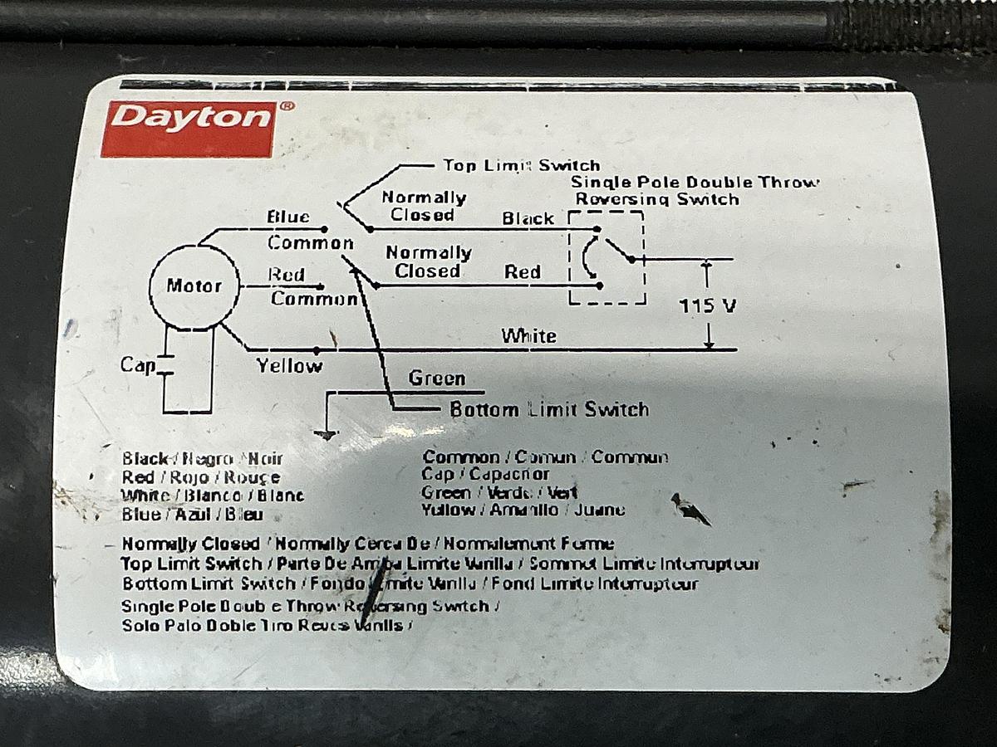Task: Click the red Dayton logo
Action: [188, 129]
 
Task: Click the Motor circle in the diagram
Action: [194, 286]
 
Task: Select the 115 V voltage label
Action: [707, 305]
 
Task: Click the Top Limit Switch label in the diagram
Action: [521, 165]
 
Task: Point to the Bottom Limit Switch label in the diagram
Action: [548, 409]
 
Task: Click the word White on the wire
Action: [528, 336]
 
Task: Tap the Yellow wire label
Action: [289, 365]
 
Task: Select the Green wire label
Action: [436, 378]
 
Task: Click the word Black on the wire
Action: [528, 218]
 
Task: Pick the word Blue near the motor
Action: [287, 217]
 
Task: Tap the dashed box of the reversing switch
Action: [607, 257]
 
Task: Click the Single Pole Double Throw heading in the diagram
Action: [695, 182]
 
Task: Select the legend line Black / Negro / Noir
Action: [202, 458]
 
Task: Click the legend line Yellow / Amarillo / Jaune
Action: [523, 510]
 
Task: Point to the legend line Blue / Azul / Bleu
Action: [192, 515]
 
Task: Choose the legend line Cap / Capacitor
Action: [485, 474]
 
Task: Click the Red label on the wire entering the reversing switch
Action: [523, 272]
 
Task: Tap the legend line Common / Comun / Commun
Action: [545, 456]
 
